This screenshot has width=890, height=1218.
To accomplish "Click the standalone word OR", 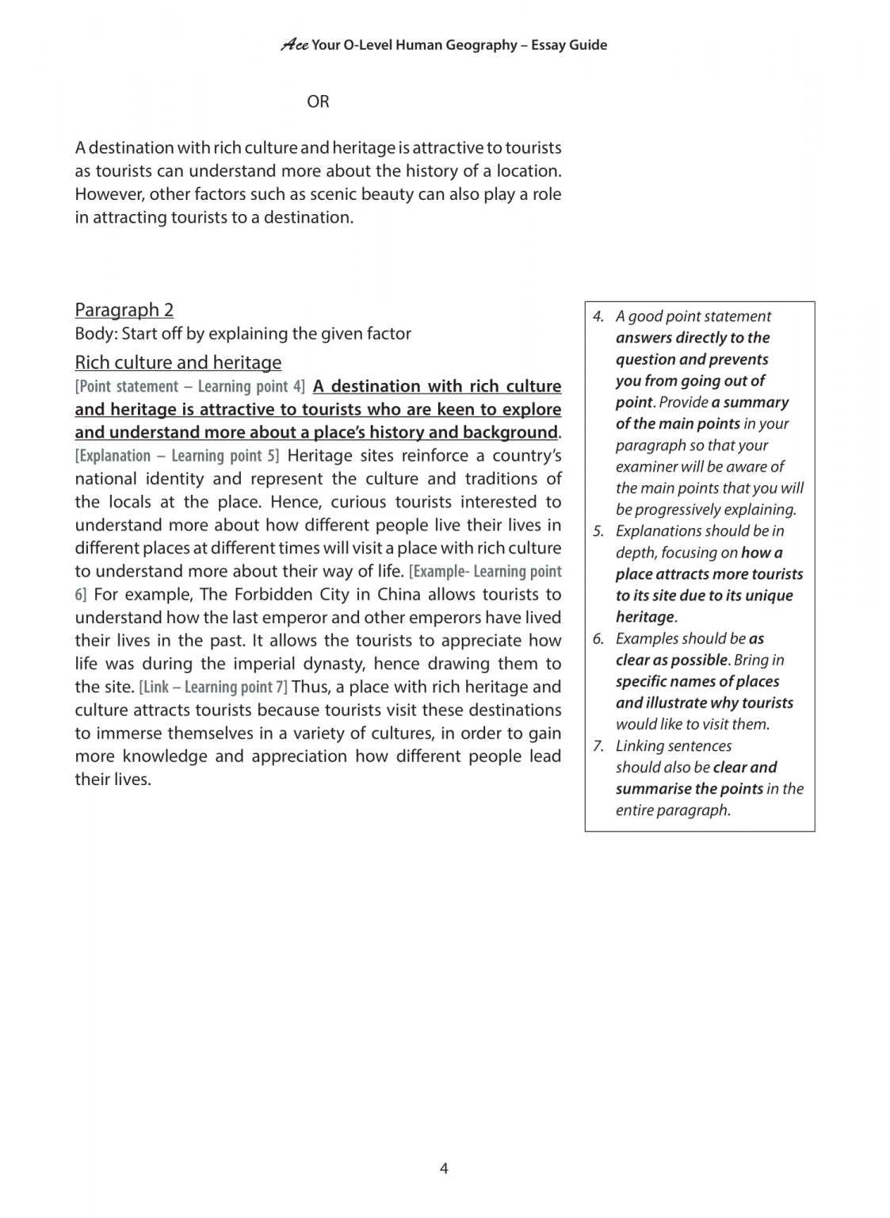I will [318, 101].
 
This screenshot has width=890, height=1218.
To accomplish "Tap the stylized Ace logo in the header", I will [294, 45].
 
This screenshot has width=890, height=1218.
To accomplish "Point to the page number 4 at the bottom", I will [444, 1168].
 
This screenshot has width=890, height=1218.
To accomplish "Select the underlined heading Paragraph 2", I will [124, 310].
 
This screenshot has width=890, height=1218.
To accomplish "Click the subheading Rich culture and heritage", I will [178, 362].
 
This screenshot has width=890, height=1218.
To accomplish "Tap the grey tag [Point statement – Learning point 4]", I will [189, 387].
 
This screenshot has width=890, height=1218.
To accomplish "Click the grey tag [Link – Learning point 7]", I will [213, 687].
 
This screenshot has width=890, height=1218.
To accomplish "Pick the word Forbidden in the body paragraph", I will [269, 595].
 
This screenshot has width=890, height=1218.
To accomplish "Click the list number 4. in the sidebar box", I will [598, 316].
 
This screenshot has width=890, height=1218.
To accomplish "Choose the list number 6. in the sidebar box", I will [598, 639].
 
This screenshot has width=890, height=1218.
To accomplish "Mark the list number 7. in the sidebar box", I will [598, 746].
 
